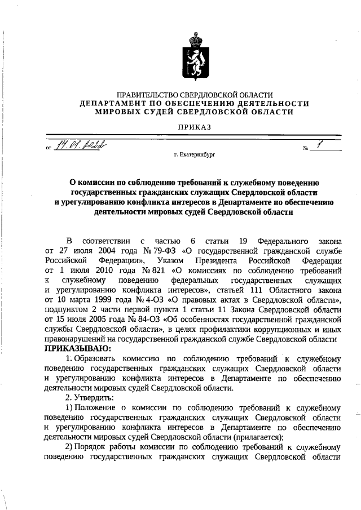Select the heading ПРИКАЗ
click(x=195, y=128)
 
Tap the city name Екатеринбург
click(x=198, y=153)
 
